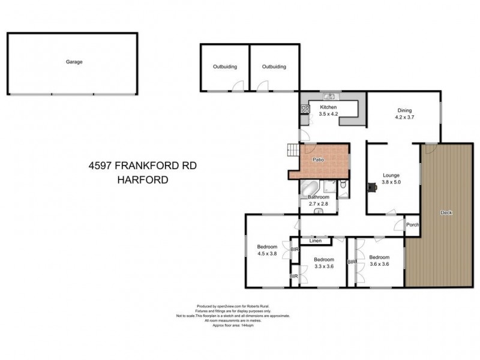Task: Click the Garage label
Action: click(x=74, y=62)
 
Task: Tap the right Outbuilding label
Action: click(x=274, y=67)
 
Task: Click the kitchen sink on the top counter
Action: click(x=329, y=97)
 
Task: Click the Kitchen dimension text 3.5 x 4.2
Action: click(x=329, y=113)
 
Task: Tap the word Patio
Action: click(x=319, y=160)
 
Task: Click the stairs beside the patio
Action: click(x=293, y=150)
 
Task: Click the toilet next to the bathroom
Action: click(x=343, y=188)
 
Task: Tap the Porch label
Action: click(x=412, y=226)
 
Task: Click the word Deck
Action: click(x=445, y=212)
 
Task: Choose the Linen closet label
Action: click(x=315, y=241)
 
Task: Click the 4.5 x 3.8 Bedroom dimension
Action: click(x=267, y=254)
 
